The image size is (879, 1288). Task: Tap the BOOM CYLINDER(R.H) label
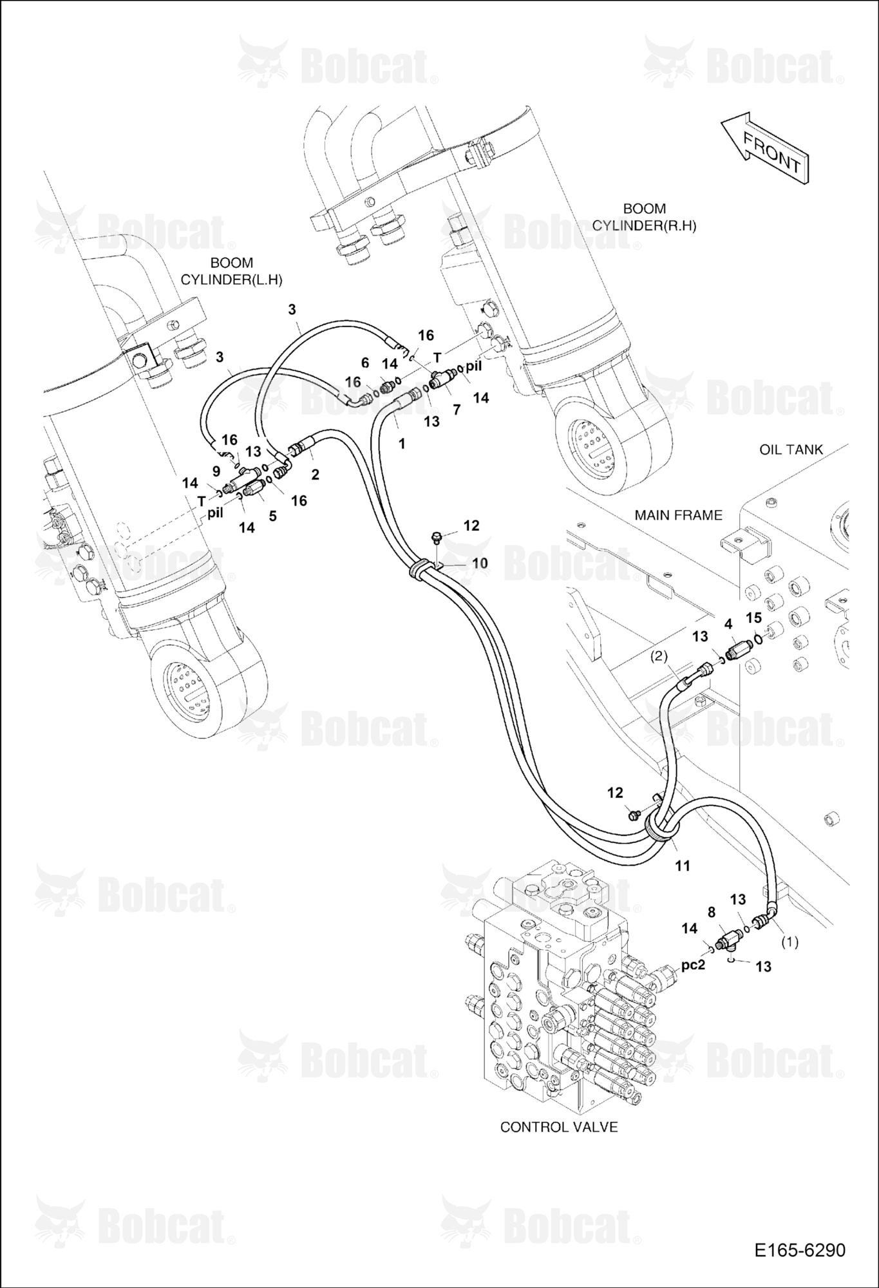coord(644,217)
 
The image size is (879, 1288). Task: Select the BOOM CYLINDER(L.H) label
coord(231,271)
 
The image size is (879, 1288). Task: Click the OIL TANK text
coord(791,450)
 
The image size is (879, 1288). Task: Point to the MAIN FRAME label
coord(678,515)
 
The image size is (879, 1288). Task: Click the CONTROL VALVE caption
coord(559,1127)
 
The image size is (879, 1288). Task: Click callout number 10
coord(480,563)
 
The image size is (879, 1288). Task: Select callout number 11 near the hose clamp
coord(683,866)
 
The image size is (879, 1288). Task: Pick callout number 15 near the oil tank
coord(753,618)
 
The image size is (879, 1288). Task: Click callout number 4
coord(728,624)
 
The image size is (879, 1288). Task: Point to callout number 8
coord(712,912)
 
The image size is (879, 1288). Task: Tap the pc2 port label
coord(694,965)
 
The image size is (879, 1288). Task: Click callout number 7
coord(457,410)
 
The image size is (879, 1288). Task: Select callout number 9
coord(216,471)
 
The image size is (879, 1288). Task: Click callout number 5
coord(273,516)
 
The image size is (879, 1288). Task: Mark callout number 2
coord(316,475)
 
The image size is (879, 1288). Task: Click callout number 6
coord(365,363)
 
